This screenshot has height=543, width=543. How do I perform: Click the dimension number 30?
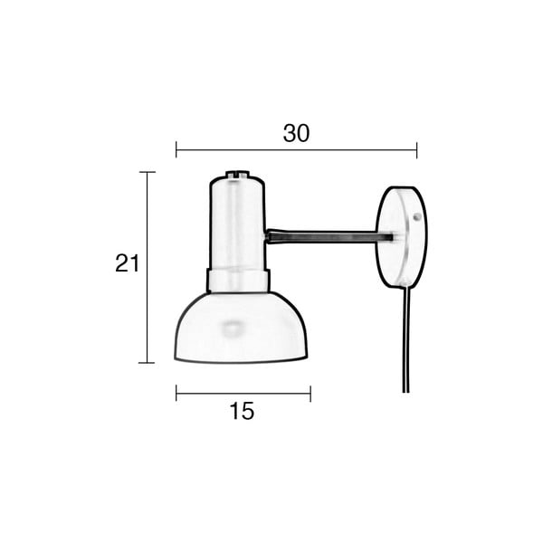tap(296, 133)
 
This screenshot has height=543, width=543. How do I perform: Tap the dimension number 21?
tap(128, 263)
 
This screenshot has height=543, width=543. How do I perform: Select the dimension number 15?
tap(242, 411)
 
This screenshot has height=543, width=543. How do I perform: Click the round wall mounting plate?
tap(399, 237)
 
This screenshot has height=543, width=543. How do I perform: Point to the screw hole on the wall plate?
tap(415, 218)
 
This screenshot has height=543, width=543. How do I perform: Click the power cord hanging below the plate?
tap(406, 344)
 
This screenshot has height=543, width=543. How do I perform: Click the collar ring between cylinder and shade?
tap(238, 281)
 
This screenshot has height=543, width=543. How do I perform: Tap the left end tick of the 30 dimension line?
tap(176, 149)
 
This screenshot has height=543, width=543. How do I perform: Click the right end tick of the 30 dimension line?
tap(416, 149)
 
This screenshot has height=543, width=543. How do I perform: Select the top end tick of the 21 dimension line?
tap(148, 172)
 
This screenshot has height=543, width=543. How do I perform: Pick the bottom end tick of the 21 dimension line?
tap(148, 362)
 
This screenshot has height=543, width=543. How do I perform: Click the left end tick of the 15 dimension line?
tap(176, 393)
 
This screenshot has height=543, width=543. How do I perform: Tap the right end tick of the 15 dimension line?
tap(310, 393)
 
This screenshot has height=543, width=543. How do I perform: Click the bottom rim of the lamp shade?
tap(241, 361)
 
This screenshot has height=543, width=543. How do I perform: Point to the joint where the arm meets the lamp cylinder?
tap(269, 237)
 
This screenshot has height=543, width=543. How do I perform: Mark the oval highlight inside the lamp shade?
tap(234, 326)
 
